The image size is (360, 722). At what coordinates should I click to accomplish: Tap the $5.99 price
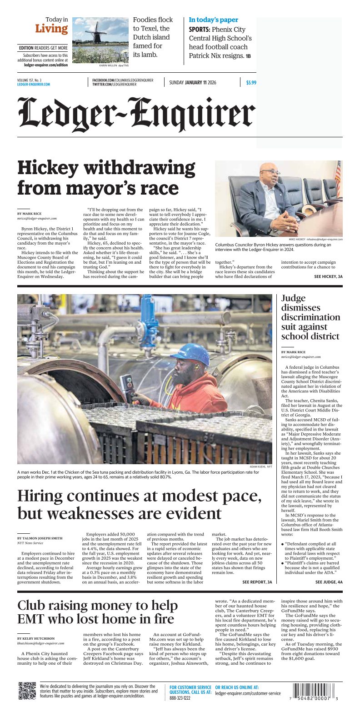point(251,83)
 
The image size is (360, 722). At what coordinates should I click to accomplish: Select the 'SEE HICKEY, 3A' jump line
point(328,276)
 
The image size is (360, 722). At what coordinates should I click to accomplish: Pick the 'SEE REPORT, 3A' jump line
point(257,582)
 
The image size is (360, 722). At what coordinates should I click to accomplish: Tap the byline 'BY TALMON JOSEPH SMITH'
point(40,538)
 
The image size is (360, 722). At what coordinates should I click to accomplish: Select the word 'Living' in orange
point(51,29)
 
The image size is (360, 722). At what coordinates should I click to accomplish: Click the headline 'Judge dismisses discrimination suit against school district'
point(310,317)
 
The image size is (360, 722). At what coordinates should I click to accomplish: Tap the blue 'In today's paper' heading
point(213,20)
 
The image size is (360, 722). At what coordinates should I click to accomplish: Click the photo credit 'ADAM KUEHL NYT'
point(261,466)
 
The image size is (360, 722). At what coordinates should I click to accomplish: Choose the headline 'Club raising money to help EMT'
point(97,612)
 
